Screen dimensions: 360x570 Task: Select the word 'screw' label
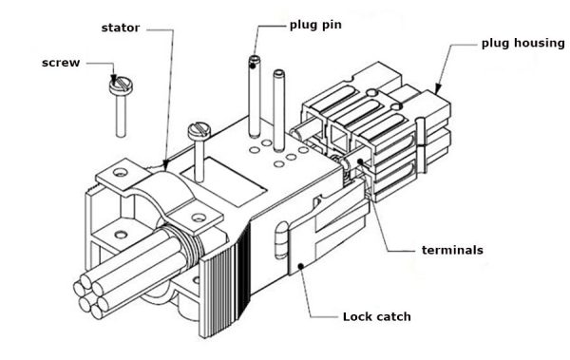point(62,63)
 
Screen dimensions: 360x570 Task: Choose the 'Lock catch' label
point(375,316)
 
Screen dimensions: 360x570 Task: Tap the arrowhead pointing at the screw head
point(115,80)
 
